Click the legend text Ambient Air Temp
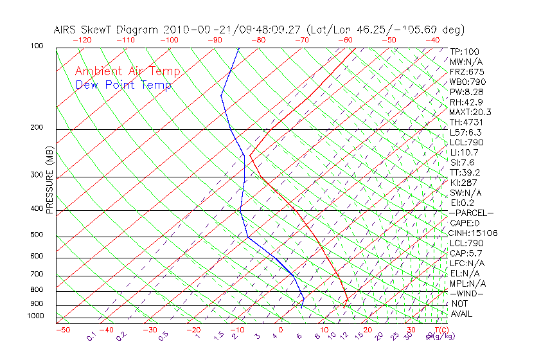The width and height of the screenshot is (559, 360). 127,72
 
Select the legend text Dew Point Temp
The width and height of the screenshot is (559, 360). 123,85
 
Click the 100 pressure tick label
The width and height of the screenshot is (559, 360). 37,46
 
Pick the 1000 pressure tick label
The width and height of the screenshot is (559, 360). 36,316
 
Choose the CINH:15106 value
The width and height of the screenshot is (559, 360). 474,233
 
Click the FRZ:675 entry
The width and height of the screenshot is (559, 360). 467,71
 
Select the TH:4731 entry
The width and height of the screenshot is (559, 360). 466,122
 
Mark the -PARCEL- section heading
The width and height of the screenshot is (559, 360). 471,213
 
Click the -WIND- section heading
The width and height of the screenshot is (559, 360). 466,293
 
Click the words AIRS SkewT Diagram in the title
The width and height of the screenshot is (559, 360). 107,30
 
